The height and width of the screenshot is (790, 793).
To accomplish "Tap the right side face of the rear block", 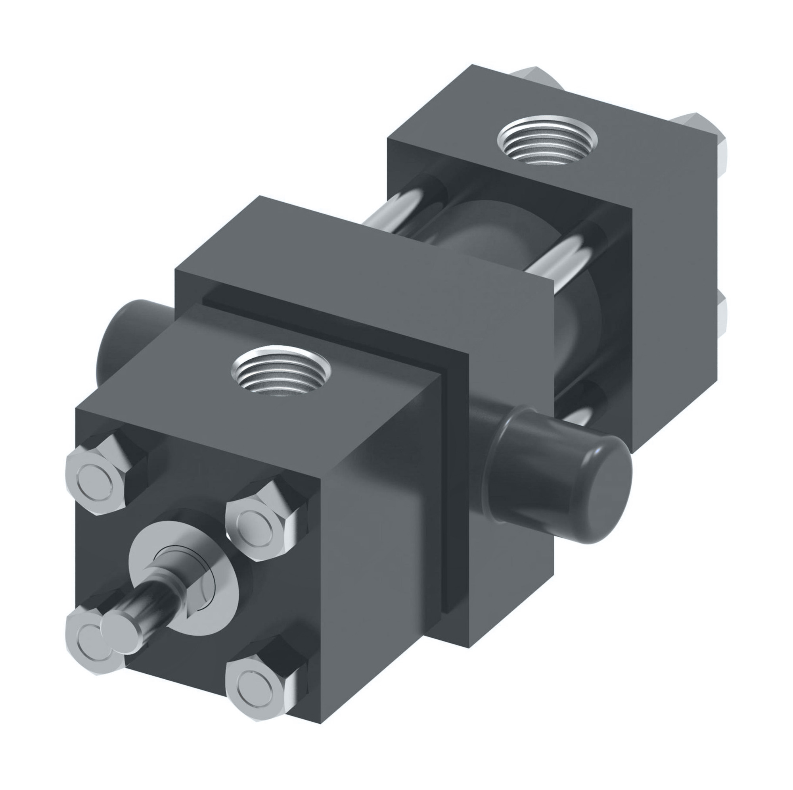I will (673, 288).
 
